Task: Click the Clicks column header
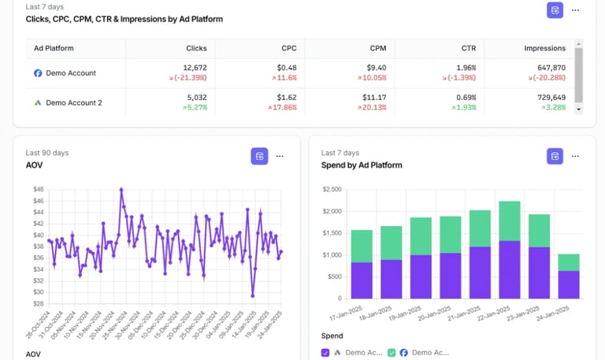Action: point(196,48)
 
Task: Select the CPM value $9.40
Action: point(373,68)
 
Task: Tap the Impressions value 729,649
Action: point(549,98)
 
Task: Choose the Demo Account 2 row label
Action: point(73,102)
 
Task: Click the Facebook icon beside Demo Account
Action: point(37,73)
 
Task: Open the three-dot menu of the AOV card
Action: point(279,156)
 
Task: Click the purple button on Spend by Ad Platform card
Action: point(555,156)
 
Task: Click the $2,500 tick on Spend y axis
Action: point(332,189)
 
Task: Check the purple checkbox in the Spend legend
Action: point(325,353)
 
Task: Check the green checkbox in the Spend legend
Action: point(392,353)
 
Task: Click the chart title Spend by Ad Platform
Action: point(362,165)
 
